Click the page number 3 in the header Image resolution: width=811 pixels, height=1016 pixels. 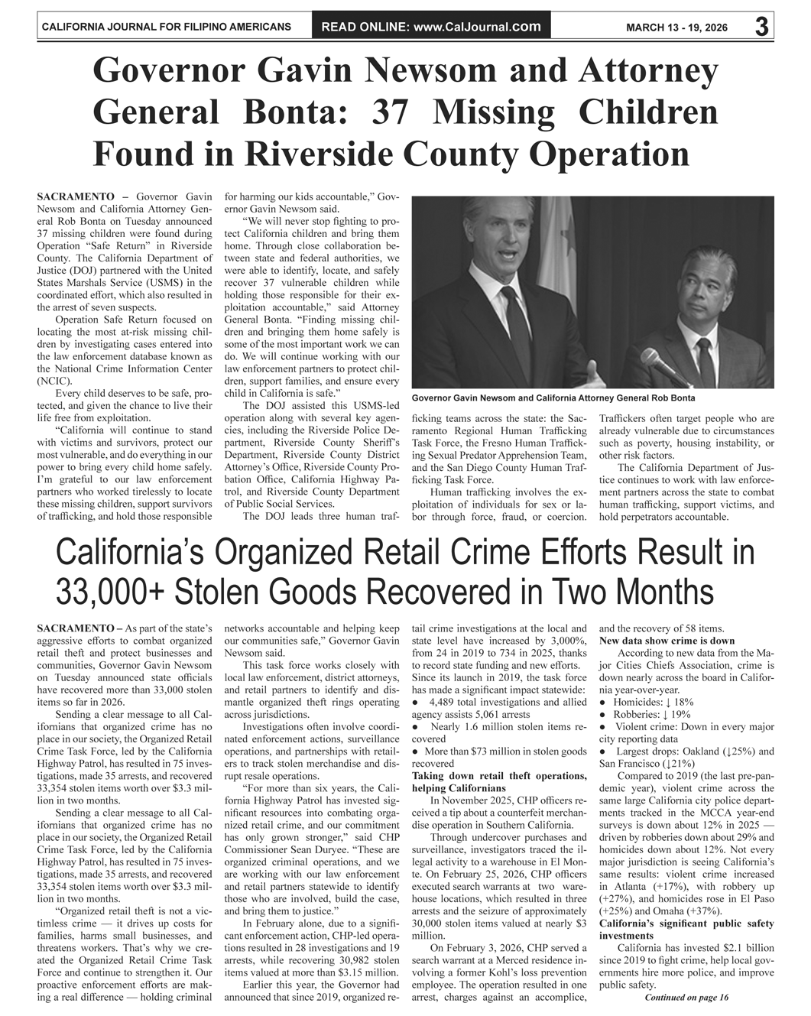point(761,27)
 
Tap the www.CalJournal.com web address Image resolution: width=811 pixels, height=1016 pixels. point(476,28)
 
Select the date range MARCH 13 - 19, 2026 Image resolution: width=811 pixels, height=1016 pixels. point(677,28)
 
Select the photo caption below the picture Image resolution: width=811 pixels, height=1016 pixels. point(553,398)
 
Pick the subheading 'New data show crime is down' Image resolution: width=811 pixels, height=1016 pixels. point(667,641)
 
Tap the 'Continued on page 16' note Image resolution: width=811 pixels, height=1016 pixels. point(686,997)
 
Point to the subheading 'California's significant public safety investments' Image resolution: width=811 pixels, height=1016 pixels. point(686,929)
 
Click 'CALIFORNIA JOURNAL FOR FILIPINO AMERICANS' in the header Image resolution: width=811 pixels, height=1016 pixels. point(166,28)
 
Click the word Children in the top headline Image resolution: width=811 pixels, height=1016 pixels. point(648,113)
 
